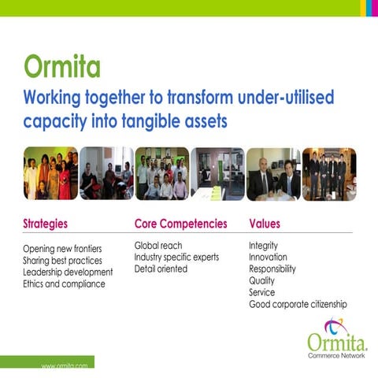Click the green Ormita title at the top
coord(62,66)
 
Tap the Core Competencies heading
coord(180,224)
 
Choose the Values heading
coord(264,224)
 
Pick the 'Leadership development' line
coord(69,272)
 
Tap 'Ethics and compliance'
coord(64,284)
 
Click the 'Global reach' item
coord(157,246)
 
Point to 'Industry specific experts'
coord(176,258)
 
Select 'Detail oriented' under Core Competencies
coord(161,269)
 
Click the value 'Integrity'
coord(263,246)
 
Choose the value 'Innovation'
coord(268,258)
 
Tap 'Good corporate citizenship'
coord(298,304)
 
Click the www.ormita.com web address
coord(64,367)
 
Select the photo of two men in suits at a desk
coord(273,173)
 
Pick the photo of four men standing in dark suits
coord(328,173)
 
